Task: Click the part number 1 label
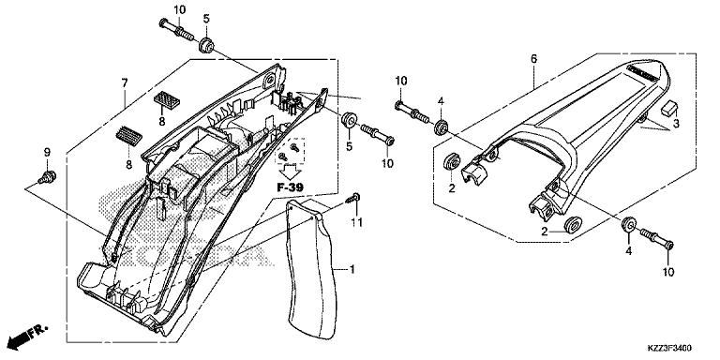coord(352,269)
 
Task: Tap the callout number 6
coord(533,58)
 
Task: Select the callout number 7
coord(124,82)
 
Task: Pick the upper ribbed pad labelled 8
coord(168,98)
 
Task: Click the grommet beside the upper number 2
coord(450,162)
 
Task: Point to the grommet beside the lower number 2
coord(570,225)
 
